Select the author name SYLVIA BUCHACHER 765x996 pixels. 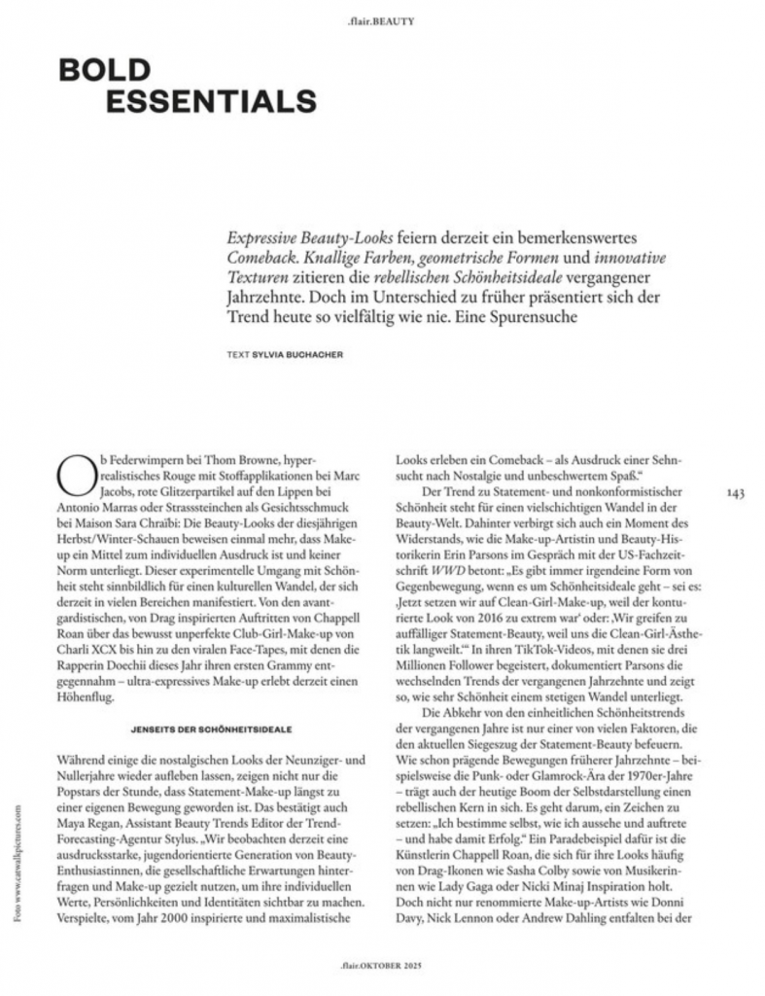298,355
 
